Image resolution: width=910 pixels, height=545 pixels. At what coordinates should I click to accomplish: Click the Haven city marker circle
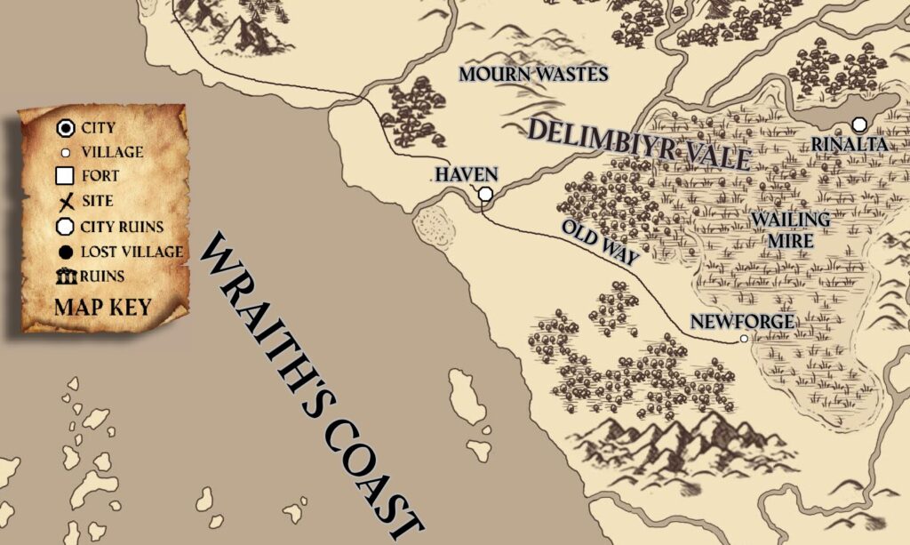pos(485,194)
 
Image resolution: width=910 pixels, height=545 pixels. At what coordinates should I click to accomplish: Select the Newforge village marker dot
pos(743,339)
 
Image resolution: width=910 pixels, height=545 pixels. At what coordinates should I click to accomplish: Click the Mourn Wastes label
pos(533,74)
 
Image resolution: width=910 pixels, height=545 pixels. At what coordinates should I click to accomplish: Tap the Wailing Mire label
pos(790,227)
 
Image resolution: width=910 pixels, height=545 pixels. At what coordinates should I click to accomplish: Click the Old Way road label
pos(601,242)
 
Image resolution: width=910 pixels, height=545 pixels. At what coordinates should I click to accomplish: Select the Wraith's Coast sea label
pos(311,382)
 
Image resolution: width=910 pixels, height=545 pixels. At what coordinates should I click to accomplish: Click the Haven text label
pos(467,173)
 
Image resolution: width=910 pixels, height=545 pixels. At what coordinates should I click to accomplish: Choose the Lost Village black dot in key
pos(65,252)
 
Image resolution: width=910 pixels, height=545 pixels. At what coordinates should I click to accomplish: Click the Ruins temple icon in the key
pos(66,277)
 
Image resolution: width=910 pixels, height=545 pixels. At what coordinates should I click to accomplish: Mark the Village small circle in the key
pos(65,152)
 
